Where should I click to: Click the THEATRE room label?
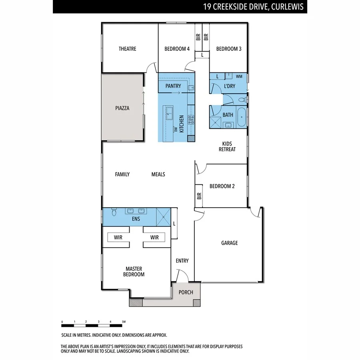127,49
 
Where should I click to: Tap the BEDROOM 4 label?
177,49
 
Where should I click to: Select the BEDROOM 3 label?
229,49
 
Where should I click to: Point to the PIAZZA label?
122,108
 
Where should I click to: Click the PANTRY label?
173,86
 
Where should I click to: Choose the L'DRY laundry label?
229,86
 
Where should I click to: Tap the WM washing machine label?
239,76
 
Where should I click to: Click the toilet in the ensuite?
114,212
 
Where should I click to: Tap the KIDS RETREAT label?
227,146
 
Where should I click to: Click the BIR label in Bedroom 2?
199,196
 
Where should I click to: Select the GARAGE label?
229,243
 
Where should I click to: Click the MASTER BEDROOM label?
134,272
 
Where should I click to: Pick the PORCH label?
186,292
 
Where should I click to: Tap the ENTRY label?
182,261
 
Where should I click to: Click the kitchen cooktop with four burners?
191,118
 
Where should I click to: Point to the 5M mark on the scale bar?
124,322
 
